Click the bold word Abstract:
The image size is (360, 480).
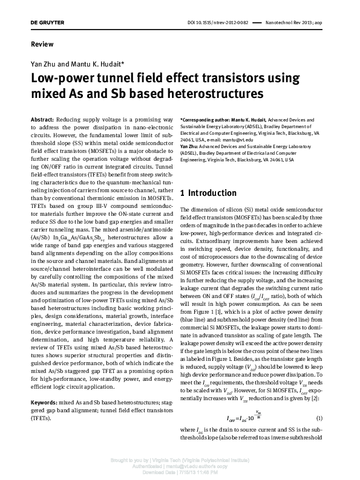pos(45,120)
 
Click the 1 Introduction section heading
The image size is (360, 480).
pos(209,193)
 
